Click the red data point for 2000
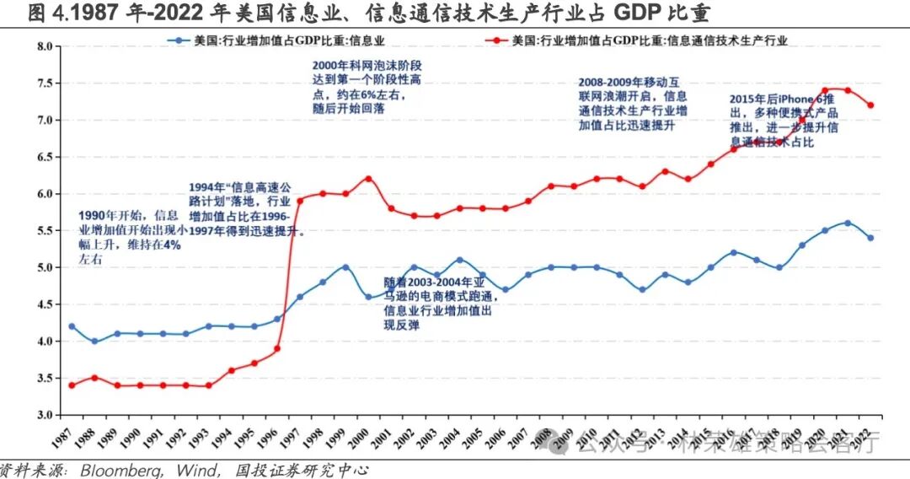click(368, 179)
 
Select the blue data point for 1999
click(345, 267)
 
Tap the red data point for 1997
click(299, 201)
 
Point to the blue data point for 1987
click(72, 326)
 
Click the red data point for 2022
click(870, 105)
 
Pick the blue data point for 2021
click(848, 223)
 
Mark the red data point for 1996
click(276, 348)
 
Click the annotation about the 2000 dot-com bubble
click(367, 86)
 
